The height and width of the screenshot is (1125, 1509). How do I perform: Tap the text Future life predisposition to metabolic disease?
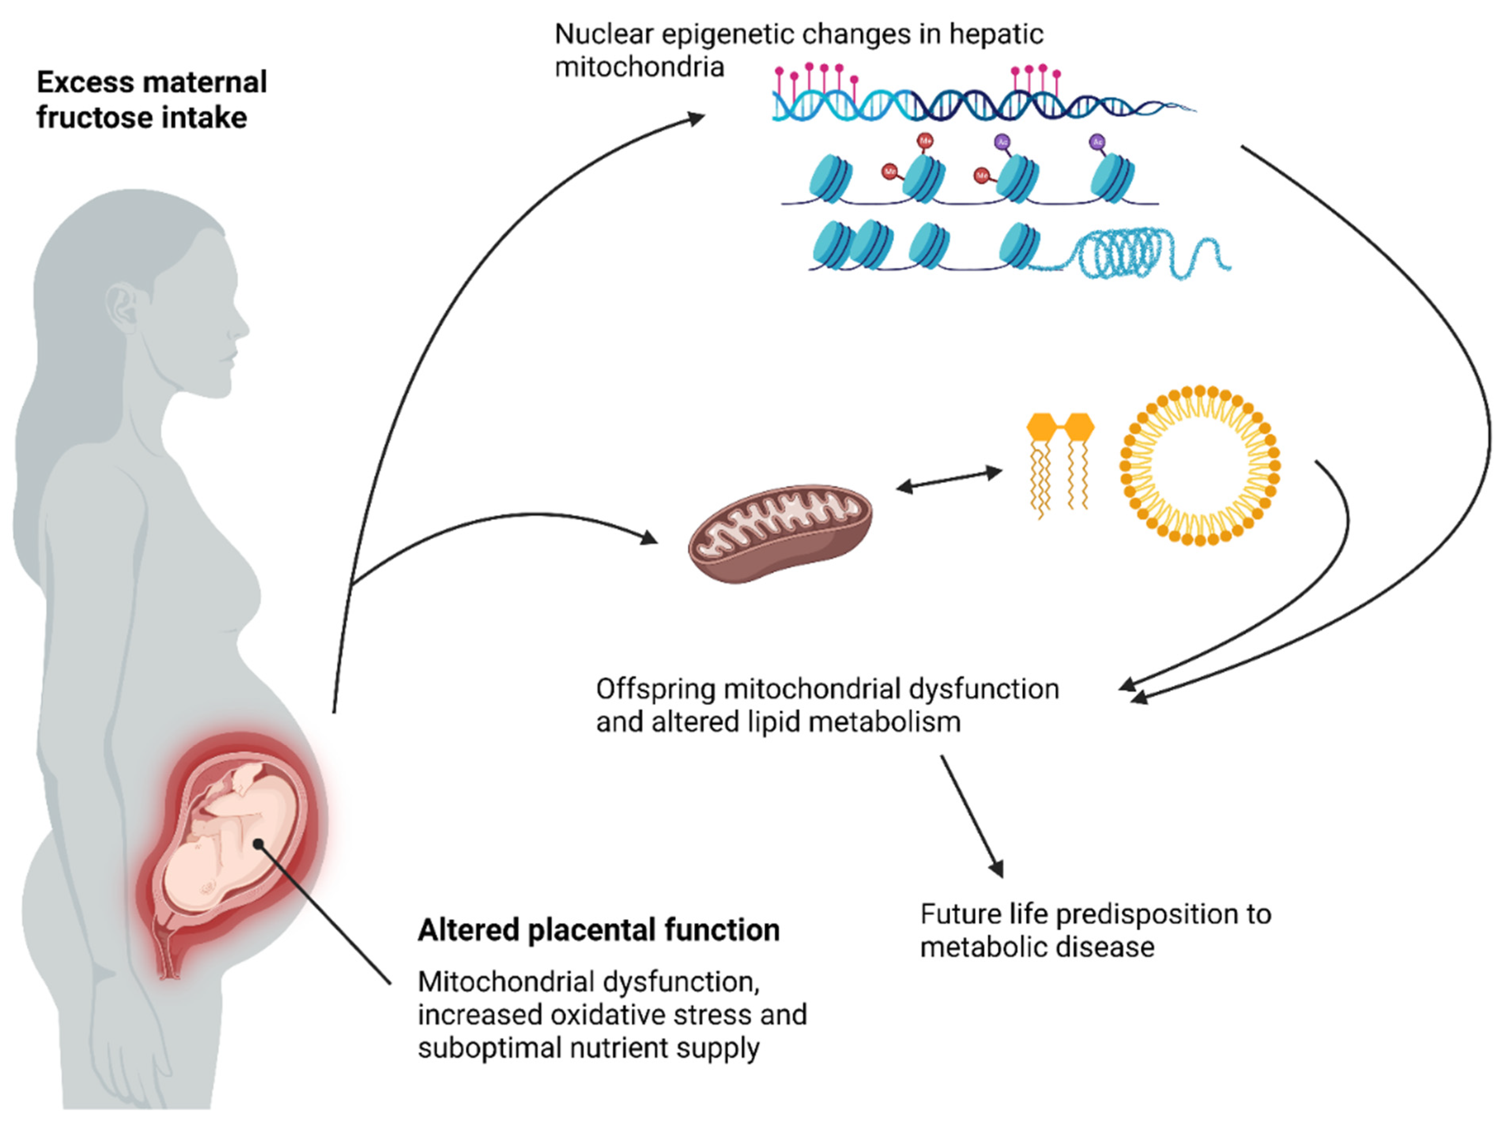click(x=1095, y=930)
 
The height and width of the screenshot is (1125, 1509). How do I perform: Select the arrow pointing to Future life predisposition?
click(x=972, y=816)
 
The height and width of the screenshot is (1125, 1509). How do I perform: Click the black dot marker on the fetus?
click(x=258, y=844)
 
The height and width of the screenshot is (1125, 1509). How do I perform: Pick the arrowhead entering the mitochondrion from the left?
click(x=649, y=537)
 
